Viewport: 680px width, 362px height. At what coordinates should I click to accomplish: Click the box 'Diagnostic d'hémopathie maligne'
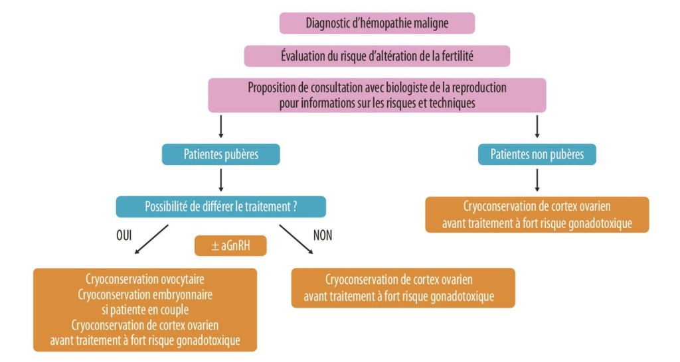[377, 23]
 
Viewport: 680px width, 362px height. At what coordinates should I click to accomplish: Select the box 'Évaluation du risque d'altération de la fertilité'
[377, 56]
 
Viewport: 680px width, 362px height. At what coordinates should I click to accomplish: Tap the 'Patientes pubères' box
[221, 155]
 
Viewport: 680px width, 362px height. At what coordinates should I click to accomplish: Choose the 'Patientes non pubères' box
[537, 155]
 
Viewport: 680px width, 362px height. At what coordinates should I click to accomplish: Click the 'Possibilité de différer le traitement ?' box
[221, 206]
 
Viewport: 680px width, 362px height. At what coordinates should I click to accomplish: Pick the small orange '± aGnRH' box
[230, 246]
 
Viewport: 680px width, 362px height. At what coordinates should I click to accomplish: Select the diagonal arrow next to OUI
[152, 239]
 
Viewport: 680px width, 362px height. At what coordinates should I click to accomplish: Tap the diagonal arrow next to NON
[296, 239]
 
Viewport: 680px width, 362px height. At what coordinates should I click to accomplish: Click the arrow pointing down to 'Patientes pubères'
[220, 127]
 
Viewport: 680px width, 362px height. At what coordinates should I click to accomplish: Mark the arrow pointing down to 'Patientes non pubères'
[537, 127]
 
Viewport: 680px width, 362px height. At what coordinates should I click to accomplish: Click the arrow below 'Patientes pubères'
[220, 180]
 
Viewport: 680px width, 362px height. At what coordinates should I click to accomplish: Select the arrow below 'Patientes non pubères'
[537, 180]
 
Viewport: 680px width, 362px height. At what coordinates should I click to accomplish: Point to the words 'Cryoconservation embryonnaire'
[145, 294]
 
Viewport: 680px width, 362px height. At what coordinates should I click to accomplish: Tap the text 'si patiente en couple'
[145, 310]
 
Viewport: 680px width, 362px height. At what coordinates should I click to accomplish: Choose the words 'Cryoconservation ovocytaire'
[145, 279]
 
